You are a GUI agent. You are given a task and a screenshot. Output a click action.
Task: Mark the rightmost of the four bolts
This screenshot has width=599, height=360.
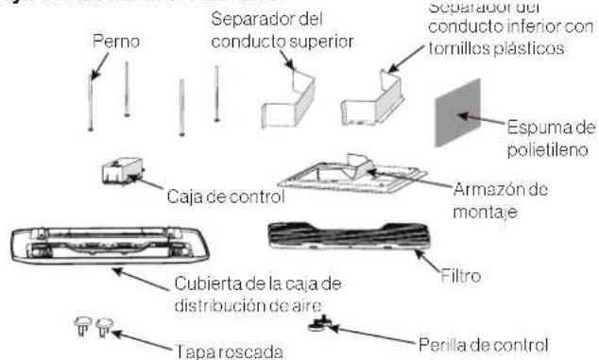[217, 93]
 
